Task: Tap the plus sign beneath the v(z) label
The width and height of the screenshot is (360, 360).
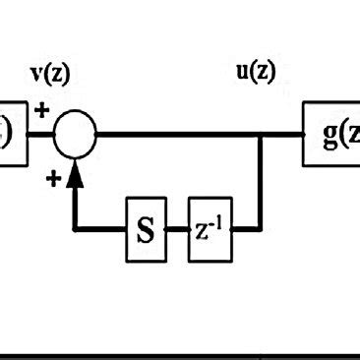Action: (42, 110)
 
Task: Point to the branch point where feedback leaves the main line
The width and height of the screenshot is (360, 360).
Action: (261, 136)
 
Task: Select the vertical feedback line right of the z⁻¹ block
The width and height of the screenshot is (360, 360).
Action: (261, 187)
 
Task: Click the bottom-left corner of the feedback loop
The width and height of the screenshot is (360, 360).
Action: (75, 230)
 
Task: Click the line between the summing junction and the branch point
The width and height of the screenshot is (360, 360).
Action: (177, 136)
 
